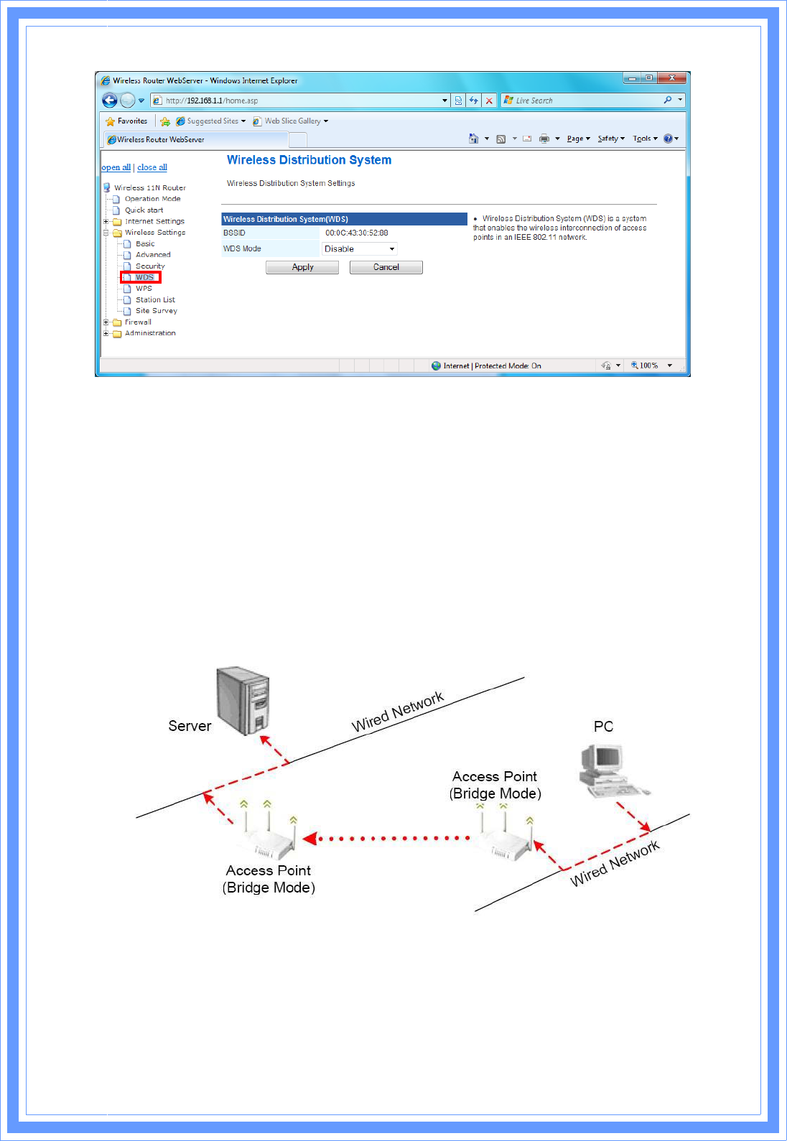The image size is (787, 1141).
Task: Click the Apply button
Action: [x=302, y=267]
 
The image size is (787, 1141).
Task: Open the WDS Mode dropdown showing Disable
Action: [x=360, y=249]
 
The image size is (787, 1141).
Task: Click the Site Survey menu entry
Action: [x=156, y=311]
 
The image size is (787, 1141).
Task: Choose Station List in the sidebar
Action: [x=155, y=300]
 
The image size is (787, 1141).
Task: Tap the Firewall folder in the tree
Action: [x=137, y=322]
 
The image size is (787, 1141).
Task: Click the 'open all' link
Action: [x=116, y=167]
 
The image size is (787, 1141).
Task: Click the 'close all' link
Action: [x=152, y=167]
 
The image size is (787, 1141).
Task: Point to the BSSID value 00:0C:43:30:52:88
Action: [x=357, y=233]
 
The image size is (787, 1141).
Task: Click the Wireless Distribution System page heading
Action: [x=309, y=160]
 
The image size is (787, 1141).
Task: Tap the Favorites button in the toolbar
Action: [x=127, y=121]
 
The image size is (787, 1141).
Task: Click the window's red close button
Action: [x=672, y=78]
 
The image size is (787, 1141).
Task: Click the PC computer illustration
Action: [x=610, y=770]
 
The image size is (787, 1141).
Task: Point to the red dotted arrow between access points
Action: [x=388, y=838]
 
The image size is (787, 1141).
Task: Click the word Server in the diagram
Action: [x=190, y=726]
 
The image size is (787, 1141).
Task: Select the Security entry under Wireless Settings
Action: [x=150, y=266]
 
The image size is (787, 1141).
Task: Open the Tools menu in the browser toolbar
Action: [x=643, y=139]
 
